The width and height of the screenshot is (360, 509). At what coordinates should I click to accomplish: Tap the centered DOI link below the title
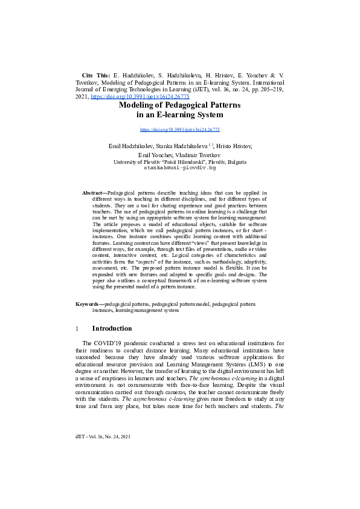click(179, 129)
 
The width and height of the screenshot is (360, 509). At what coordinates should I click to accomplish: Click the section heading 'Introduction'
click(112, 329)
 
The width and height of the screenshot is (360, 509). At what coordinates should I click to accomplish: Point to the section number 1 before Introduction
click(77, 329)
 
